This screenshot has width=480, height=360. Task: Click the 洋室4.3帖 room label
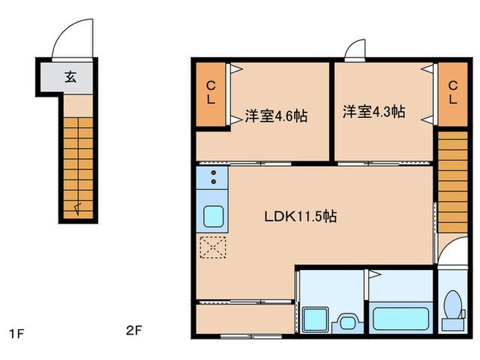pyautogui.click(x=374, y=111)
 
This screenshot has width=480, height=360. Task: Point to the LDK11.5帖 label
pyautogui.click(x=300, y=217)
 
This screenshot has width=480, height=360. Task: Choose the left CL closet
pyautogui.click(x=212, y=93)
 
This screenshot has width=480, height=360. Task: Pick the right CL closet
pyautogui.click(x=453, y=93)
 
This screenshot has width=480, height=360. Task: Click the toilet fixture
pyautogui.click(x=452, y=309)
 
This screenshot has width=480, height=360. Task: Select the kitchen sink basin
pyautogui.click(x=213, y=217)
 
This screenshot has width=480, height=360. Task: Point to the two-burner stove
pyautogui.click(x=213, y=178)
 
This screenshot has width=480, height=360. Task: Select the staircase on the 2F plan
pyautogui.click(x=452, y=181)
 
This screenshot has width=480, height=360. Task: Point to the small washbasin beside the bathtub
pyautogui.click(x=347, y=322)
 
